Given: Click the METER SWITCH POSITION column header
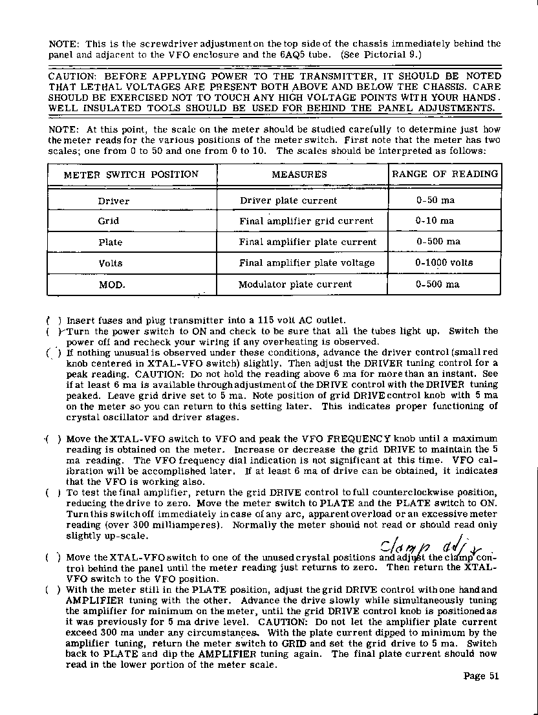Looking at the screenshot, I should tap(131, 175).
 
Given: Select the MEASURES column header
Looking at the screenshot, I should tap(299, 175).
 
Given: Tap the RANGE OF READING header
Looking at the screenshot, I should tap(445, 174).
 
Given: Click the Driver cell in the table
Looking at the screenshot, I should tap(114, 201).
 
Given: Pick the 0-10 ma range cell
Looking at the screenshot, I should tap(435, 221).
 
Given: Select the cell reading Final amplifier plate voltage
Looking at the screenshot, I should tap(307, 263).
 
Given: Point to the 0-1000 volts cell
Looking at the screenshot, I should tap(444, 263).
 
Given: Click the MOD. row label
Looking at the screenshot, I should tap(111, 284).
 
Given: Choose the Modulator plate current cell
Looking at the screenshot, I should tap(295, 284).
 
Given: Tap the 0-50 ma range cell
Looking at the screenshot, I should tap(435, 200).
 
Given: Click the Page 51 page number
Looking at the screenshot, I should tap(482, 677).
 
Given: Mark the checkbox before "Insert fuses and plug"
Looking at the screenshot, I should tap(53, 320).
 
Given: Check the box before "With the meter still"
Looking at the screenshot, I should tap(53, 590).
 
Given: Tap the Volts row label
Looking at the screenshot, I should tap(111, 264).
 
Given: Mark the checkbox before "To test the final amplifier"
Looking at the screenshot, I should tap(53, 493).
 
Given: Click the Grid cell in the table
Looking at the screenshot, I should tap(109, 221).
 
